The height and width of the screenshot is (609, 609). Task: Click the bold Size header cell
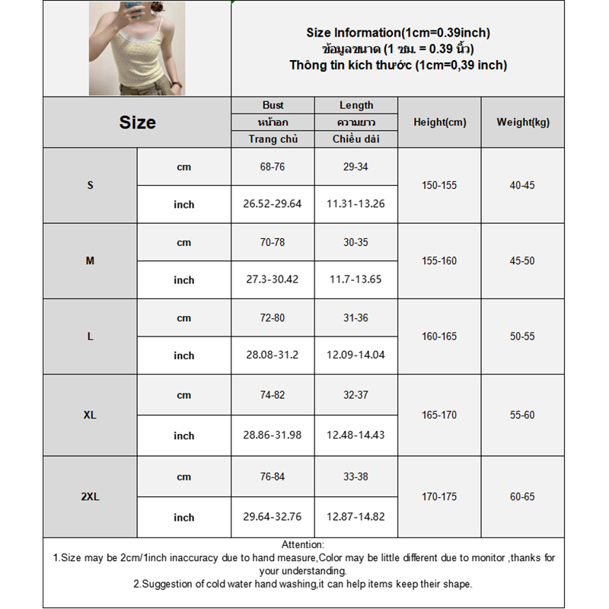click(137, 123)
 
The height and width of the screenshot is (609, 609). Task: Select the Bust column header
click(273, 105)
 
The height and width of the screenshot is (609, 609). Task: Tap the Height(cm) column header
click(439, 122)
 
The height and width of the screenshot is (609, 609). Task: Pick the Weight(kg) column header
click(522, 122)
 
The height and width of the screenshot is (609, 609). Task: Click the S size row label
click(90, 186)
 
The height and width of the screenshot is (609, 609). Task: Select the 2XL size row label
click(90, 497)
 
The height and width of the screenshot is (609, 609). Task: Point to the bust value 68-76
click(273, 167)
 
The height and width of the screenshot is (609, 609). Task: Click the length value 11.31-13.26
click(356, 204)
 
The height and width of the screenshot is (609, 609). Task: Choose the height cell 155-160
click(439, 261)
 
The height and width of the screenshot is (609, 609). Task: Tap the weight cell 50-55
click(522, 336)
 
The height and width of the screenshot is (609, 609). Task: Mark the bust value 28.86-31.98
click(273, 435)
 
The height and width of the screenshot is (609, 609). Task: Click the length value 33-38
click(356, 477)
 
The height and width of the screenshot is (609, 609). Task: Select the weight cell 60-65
click(522, 497)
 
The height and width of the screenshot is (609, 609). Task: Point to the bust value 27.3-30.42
click(273, 279)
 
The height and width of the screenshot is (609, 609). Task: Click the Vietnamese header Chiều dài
click(356, 139)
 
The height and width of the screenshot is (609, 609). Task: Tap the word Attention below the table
click(303, 544)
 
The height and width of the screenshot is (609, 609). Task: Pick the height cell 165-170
click(439, 416)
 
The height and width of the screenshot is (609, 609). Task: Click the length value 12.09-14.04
click(356, 355)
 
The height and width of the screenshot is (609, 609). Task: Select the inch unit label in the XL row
click(183, 436)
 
